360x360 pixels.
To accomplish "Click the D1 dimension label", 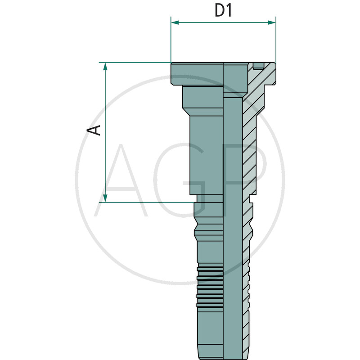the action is click(223, 10).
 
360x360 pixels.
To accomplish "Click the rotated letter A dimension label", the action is click(94, 130).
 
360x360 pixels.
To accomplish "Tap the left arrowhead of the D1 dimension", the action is click(175, 22).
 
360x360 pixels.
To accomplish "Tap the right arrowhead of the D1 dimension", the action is click(272, 22).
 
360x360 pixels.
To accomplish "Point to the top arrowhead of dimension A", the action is click(105, 66).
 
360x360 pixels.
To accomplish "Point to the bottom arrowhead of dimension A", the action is click(105, 198).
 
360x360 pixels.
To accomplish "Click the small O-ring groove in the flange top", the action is click(258, 66).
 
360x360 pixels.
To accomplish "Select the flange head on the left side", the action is click(197, 74).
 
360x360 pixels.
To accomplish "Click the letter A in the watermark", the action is click(121, 180).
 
